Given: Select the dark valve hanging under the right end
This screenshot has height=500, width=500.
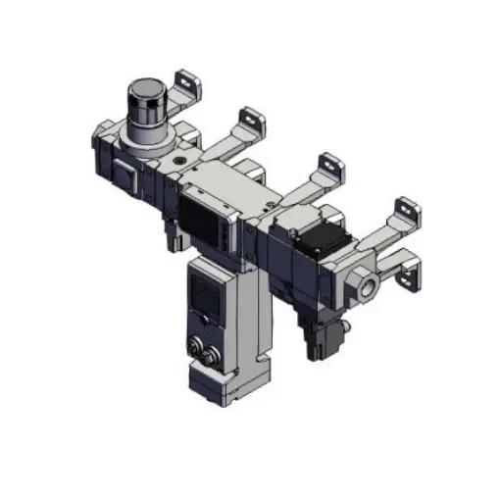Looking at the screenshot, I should pos(323,334).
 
